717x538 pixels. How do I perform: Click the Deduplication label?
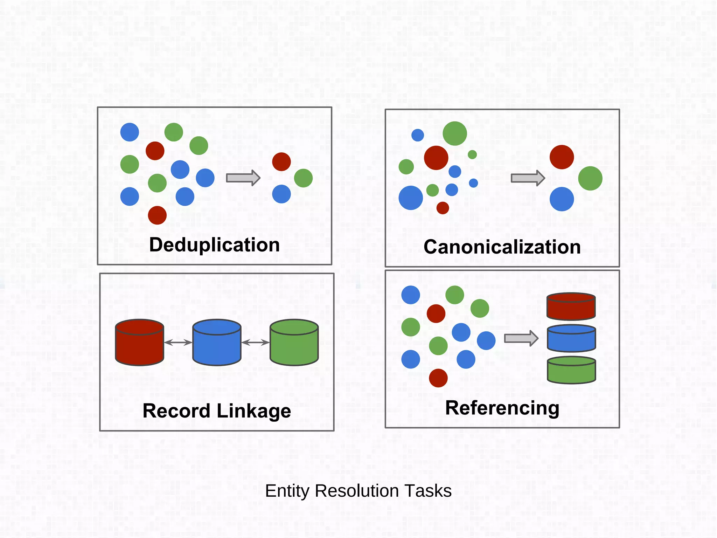tap(214, 245)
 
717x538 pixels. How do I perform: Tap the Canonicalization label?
tap(502, 247)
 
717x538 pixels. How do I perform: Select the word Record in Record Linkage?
tap(176, 411)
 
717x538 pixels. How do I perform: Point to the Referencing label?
tap(502, 408)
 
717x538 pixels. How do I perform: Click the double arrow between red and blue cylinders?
tap(178, 343)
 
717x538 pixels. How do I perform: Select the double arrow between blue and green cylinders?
tap(255, 343)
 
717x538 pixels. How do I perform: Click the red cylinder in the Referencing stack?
tap(571, 307)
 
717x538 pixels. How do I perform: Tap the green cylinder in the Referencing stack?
tap(571, 371)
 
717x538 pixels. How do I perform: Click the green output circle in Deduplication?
tap(303, 178)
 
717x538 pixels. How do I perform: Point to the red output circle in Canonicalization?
tap(562, 157)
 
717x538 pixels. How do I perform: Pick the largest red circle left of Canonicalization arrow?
tap(436, 158)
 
